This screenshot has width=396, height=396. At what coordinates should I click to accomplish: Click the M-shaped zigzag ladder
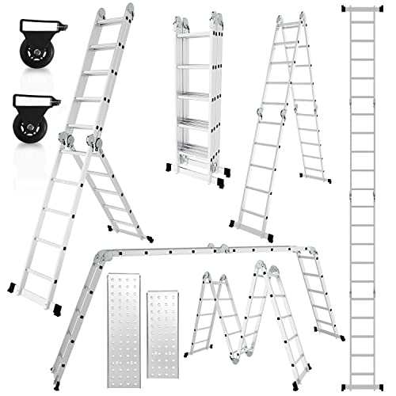pyautogui.click(x=246, y=317)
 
